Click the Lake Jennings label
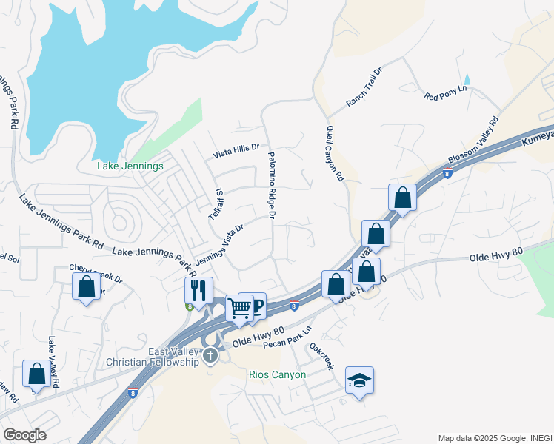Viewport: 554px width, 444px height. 130,166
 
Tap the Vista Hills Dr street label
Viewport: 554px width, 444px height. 236,151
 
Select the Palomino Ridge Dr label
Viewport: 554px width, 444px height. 271,184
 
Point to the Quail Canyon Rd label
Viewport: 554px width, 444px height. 336,153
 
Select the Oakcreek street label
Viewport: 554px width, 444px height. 322,356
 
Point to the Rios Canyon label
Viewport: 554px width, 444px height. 277,374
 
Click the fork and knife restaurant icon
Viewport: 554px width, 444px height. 198,289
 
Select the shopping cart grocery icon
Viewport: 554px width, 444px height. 239,308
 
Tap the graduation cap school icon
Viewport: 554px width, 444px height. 359,380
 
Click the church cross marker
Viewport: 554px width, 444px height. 211,356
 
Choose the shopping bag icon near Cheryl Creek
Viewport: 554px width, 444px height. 86,286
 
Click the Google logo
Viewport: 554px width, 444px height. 24,435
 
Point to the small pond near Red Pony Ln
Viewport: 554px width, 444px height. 467,80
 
